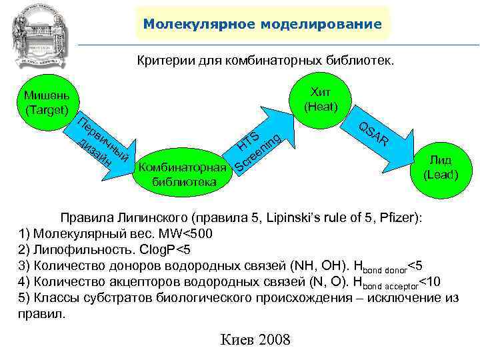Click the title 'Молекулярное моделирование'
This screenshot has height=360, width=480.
coord(263,25)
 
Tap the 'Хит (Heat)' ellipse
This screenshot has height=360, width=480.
coord(321,98)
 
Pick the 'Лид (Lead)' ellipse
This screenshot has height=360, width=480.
coord(441,167)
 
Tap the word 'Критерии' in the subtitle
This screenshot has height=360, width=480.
coord(166,61)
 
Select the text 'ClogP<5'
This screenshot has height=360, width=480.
coord(165,250)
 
